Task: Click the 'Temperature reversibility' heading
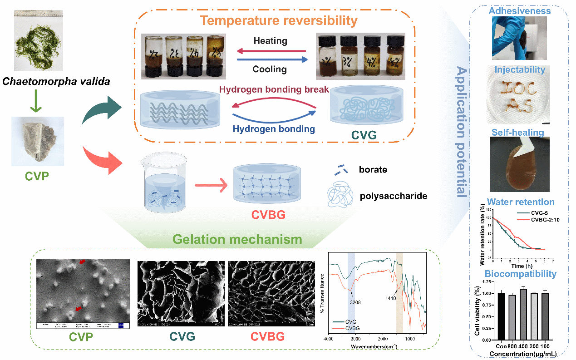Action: coord(279,20)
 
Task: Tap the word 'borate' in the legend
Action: coord(373,169)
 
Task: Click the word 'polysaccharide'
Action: coord(393,196)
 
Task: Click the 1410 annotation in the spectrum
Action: coord(391,299)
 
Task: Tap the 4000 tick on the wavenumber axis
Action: coord(328,339)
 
